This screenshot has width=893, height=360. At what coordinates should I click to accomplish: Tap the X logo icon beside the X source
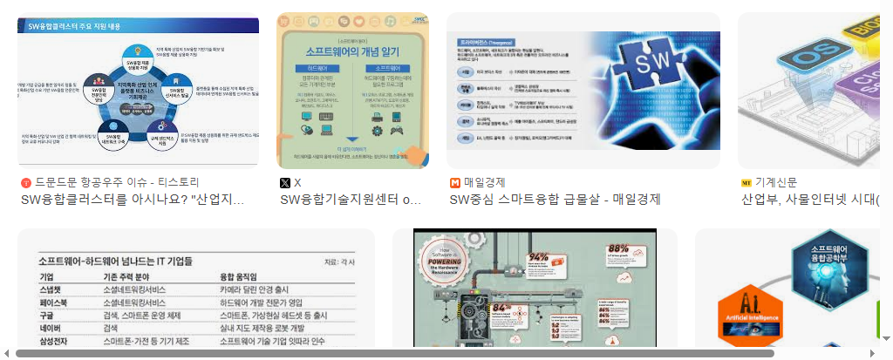click(285, 183)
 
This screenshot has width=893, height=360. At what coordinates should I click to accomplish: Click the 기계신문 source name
click(776, 182)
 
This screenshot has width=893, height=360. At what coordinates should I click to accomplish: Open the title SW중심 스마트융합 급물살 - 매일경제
click(555, 200)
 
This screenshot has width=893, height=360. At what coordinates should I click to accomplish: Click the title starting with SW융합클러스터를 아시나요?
click(132, 200)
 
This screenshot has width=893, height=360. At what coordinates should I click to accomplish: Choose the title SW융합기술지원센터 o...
click(351, 200)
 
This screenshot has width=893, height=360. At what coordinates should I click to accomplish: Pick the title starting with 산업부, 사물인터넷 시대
click(810, 200)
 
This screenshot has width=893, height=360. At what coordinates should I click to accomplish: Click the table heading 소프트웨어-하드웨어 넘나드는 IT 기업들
click(116, 261)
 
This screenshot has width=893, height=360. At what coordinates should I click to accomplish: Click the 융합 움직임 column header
click(245, 276)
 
